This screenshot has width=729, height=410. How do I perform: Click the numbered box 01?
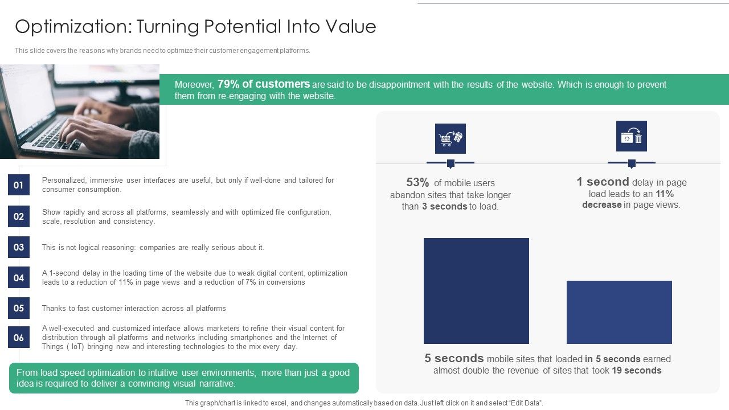19,185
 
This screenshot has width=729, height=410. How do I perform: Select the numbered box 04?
19,277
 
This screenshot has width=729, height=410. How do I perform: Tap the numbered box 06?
19,338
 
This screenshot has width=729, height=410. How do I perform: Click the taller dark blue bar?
476,291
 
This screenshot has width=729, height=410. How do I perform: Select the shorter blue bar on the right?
619,312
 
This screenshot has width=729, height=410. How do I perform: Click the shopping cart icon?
450,138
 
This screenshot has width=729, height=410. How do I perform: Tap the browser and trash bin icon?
631,136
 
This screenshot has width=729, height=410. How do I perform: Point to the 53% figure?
417,183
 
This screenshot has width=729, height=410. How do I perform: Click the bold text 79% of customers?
264,84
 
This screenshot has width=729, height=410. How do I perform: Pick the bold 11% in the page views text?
664,194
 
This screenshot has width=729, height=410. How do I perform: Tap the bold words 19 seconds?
636,371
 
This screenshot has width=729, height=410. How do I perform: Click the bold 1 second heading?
603,182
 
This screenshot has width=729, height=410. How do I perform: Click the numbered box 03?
19,247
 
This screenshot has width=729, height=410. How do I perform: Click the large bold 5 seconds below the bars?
454,359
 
